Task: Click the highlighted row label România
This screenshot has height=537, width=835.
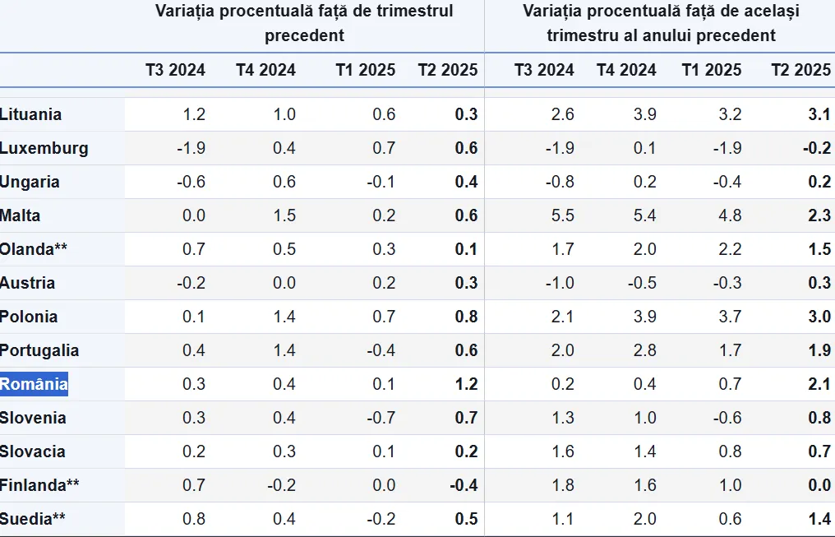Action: (34, 384)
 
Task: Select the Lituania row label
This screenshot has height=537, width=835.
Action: (31, 114)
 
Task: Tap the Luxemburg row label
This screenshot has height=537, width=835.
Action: (44, 148)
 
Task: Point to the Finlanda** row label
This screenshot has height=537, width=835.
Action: (40, 485)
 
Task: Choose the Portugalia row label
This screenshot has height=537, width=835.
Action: (40, 350)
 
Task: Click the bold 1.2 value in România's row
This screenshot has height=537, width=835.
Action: (466, 384)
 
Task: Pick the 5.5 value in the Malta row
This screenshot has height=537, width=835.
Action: (563, 215)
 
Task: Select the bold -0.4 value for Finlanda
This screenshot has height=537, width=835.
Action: (464, 485)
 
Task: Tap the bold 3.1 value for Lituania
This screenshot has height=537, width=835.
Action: (819, 114)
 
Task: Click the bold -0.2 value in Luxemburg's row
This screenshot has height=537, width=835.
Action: (817, 148)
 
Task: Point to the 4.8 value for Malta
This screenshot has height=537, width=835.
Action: (731, 215)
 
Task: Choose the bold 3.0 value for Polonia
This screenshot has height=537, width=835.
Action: (819, 317)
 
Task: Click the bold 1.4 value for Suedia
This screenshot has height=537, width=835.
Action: (819, 519)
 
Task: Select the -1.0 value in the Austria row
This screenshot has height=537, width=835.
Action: (561, 283)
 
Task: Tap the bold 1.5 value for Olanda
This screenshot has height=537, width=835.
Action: (819, 249)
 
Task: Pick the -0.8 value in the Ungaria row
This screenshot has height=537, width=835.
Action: (561, 182)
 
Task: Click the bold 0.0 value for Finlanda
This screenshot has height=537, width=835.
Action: (819, 485)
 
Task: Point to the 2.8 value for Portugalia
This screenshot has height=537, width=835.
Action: (645, 350)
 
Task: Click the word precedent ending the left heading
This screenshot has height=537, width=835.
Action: (304, 35)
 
